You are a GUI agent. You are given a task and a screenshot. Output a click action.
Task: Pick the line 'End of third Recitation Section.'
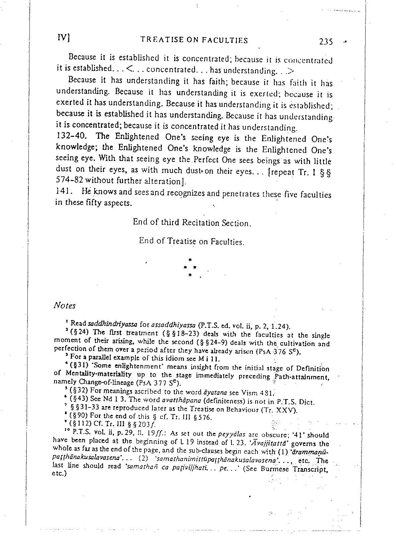click(192, 222)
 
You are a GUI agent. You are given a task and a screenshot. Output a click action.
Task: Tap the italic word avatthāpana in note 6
click(181, 400)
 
